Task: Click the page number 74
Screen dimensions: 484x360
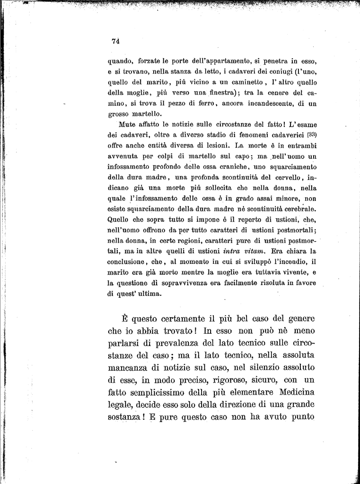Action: click(x=115, y=41)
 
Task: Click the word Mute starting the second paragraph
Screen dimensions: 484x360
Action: click(x=127, y=124)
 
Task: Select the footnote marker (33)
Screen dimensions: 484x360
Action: click(x=310, y=134)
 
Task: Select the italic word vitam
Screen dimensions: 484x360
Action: click(x=267, y=251)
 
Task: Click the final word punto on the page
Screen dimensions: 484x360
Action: click(x=299, y=417)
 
